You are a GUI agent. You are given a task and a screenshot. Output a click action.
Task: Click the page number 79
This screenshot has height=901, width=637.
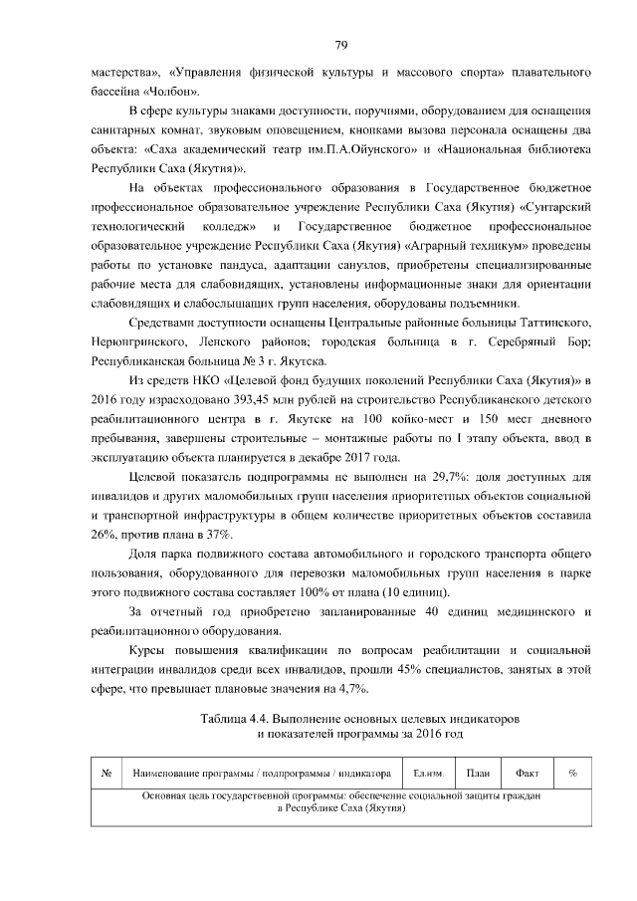pos(340,45)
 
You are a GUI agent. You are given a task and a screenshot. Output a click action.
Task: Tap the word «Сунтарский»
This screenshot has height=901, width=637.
pos(557,204)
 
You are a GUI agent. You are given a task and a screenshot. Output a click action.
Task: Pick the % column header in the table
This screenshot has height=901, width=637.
pos(573,773)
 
